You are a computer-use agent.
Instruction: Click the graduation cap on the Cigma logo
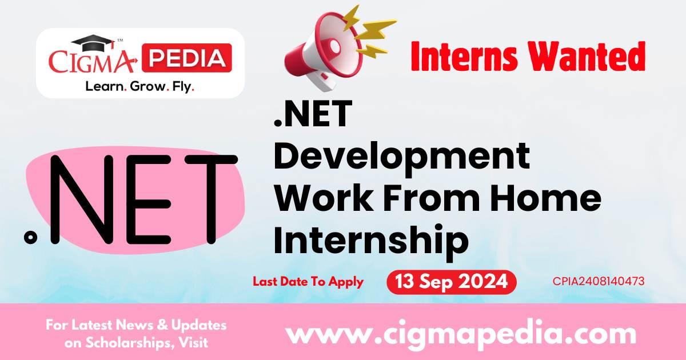pyautogui.click(x=93, y=43)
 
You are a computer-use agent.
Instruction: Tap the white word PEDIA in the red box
pyautogui.click(x=187, y=58)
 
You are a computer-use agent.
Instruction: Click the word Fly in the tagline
pyautogui.click(x=182, y=87)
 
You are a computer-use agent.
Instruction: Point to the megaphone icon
pyautogui.click(x=337, y=49)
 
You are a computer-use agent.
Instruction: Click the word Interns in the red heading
pyautogui.click(x=464, y=57)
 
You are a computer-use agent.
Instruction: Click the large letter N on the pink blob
pyautogui.click(x=81, y=199)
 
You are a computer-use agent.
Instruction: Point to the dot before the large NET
pyautogui.click(x=30, y=237)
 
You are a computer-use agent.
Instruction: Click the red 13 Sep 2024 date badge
pyautogui.click(x=452, y=282)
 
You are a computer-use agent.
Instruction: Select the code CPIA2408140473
pyautogui.click(x=599, y=281)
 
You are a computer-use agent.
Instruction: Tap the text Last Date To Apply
pyautogui.click(x=308, y=282)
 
